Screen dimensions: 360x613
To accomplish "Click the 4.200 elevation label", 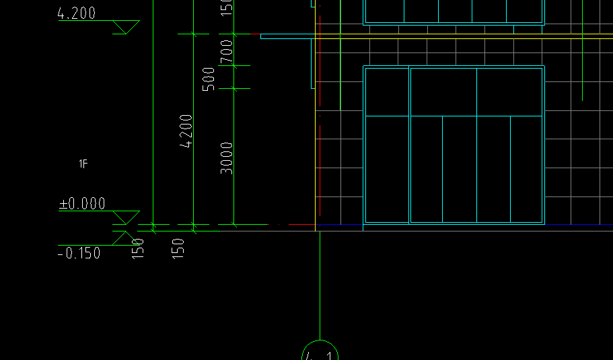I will (x=77, y=13).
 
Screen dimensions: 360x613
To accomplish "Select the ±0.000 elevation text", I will (x=82, y=203).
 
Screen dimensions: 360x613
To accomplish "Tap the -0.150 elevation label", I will (x=79, y=253).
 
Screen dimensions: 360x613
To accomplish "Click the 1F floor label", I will (x=83, y=164).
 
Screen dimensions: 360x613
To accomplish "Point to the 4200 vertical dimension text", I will (x=187, y=131).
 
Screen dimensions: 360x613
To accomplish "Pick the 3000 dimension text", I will (x=227, y=158).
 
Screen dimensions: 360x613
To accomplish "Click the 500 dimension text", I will (x=209, y=78).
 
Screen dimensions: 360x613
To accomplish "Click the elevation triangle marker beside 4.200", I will (x=125, y=27).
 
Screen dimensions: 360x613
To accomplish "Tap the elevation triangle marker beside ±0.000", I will (x=125, y=217).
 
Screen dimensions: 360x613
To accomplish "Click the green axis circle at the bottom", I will (x=320, y=353).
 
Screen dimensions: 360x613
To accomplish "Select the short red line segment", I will (x=255, y=34).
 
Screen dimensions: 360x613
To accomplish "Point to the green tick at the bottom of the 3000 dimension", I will (x=234, y=224).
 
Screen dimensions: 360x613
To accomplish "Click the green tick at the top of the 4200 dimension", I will (x=194, y=34).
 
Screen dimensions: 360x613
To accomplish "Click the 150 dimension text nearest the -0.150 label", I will (x=139, y=248).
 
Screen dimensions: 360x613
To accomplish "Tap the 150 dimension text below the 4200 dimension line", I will (x=179, y=248).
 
